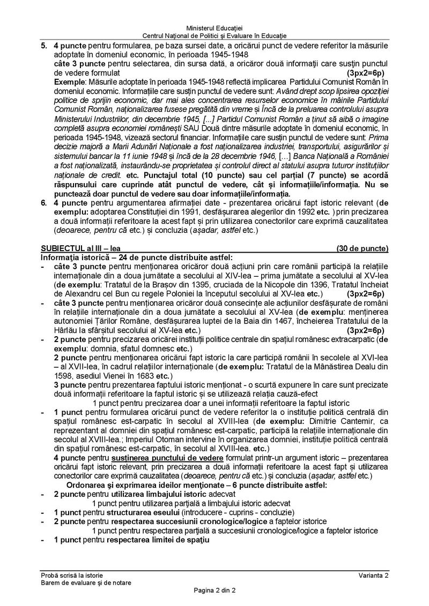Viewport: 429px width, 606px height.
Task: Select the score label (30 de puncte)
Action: pyautogui.click(x=362, y=249)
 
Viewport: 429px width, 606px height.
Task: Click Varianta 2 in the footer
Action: pyautogui.click(x=374, y=574)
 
